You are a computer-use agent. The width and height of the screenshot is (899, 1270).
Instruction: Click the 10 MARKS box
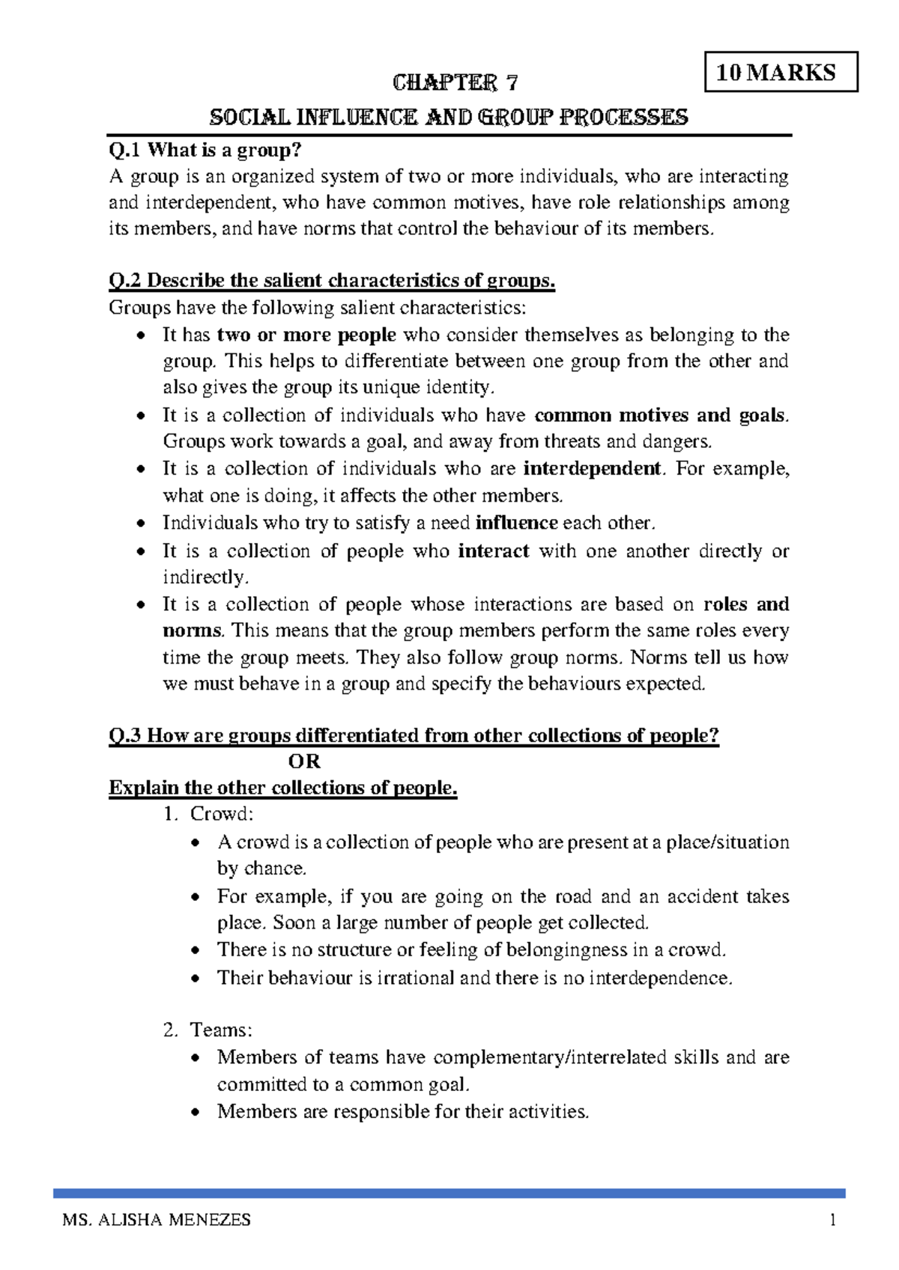(x=781, y=72)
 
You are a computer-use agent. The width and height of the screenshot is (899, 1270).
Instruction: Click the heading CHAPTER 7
(x=455, y=82)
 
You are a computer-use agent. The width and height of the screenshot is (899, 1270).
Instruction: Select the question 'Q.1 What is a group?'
(x=205, y=151)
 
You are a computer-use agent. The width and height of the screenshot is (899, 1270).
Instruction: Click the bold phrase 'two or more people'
(x=306, y=335)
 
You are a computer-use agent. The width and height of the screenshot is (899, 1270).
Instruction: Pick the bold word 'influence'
(x=516, y=523)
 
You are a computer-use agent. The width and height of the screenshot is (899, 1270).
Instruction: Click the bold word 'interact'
(x=493, y=551)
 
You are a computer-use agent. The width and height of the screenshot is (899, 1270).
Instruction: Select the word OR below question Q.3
(x=304, y=762)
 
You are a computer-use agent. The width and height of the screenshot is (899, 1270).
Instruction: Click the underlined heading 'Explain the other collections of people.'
(x=282, y=788)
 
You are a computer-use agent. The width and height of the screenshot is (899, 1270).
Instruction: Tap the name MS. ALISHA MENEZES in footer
(x=157, y=1221)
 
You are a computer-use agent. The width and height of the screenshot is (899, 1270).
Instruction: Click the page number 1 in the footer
(x=832, y=1221)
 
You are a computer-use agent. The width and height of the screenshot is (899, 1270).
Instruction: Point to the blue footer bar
(x=449, y=1193)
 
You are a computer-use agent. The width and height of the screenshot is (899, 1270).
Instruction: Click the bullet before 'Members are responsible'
(x=196, y=1112)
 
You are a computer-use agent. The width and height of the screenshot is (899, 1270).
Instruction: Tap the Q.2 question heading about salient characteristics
(x=332, y=281)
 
